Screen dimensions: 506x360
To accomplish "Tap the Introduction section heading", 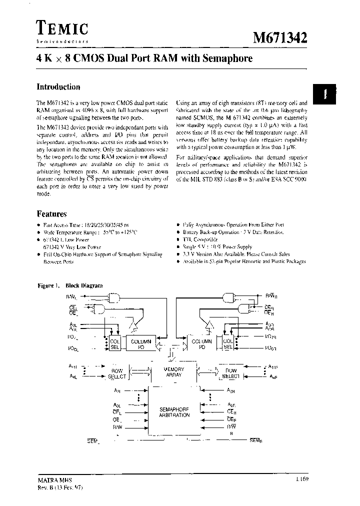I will pyautogui.click(x=58, y=86).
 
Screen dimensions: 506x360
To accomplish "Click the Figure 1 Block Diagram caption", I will pyautogui.click(x=70, y=285).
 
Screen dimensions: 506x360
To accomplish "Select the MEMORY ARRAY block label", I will pyautogui.click(x=174, y=372).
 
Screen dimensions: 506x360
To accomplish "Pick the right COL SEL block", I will pyautogui.click(x=227, y=344).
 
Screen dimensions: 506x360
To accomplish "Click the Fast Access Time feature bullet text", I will pyautogui.click(x=82, y=225).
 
